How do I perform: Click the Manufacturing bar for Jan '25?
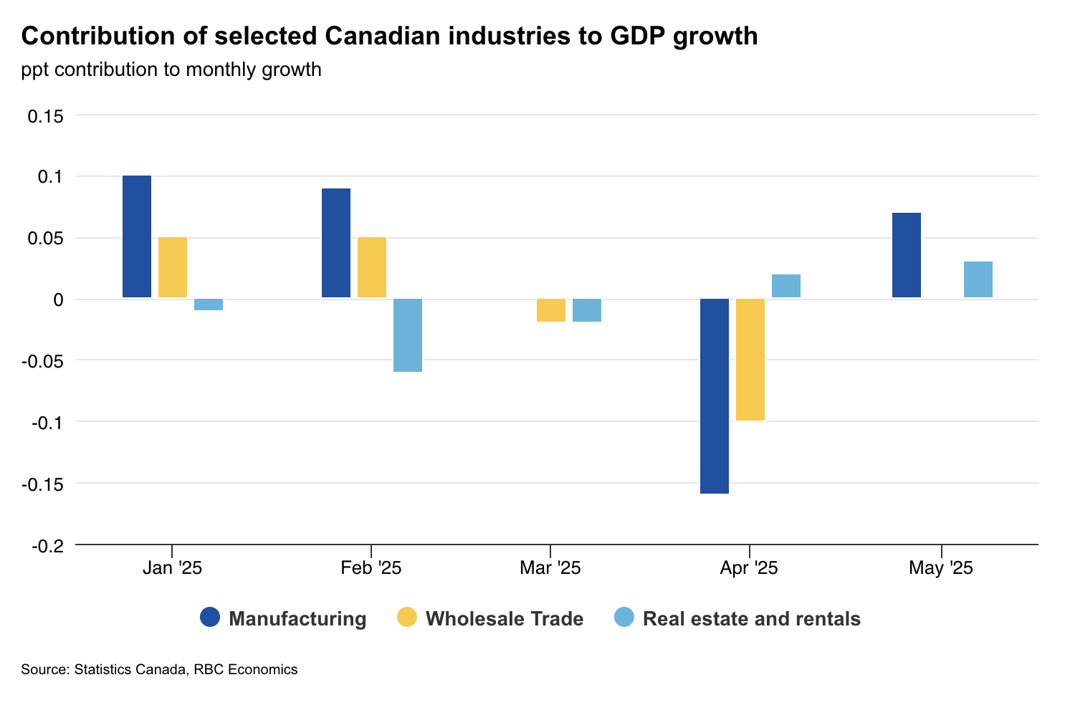pos(137,236)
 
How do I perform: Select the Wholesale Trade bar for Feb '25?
pos(372,267)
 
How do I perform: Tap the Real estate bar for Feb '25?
pos(408,335)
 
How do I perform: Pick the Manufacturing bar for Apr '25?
pos(715,396)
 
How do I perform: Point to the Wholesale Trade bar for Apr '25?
pos(750,360)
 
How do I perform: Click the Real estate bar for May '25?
pos(978,279)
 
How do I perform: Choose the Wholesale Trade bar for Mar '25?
pos(551,310)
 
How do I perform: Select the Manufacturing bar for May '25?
pos(907,255)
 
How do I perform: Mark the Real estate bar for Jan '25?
pos(209,304)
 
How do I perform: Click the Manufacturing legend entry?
pos(284,618)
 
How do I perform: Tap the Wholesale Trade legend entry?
pos(490,618)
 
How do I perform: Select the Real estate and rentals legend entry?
pos(738,618)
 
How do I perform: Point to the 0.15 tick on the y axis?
pos(45,115)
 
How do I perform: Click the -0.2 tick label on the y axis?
pos(47,546)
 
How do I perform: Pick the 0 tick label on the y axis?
pos(59,299)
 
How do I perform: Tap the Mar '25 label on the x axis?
pos(550,569)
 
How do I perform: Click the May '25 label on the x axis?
pos(941,569)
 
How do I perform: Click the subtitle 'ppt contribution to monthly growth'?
pos(171,69)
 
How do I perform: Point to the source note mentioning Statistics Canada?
pos(159,670)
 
